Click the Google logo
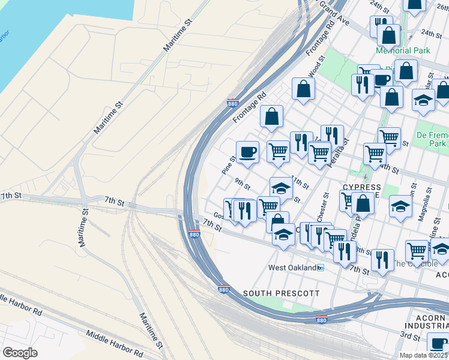(x=20, y=352)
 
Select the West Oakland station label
(x=292, y=268)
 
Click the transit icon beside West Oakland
(x=321, y=268)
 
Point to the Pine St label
(x=229, y=165)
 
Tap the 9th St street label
(x=242, y=182)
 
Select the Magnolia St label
(x=428, y=199)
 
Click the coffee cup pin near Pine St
(x=247, y=152)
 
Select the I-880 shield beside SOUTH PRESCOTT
(x=223, y=289)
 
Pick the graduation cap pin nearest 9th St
(x=281, y=188)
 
